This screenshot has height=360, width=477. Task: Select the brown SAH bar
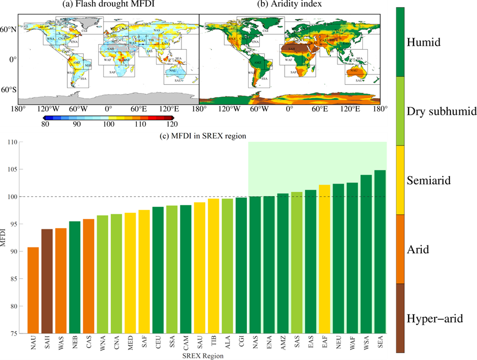point(47,281)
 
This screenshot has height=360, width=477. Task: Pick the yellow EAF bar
point(324,259)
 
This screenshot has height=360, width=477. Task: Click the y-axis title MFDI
point(4,238)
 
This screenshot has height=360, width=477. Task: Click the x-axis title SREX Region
point(203,356)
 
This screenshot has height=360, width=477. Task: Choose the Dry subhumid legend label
point(441,111)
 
